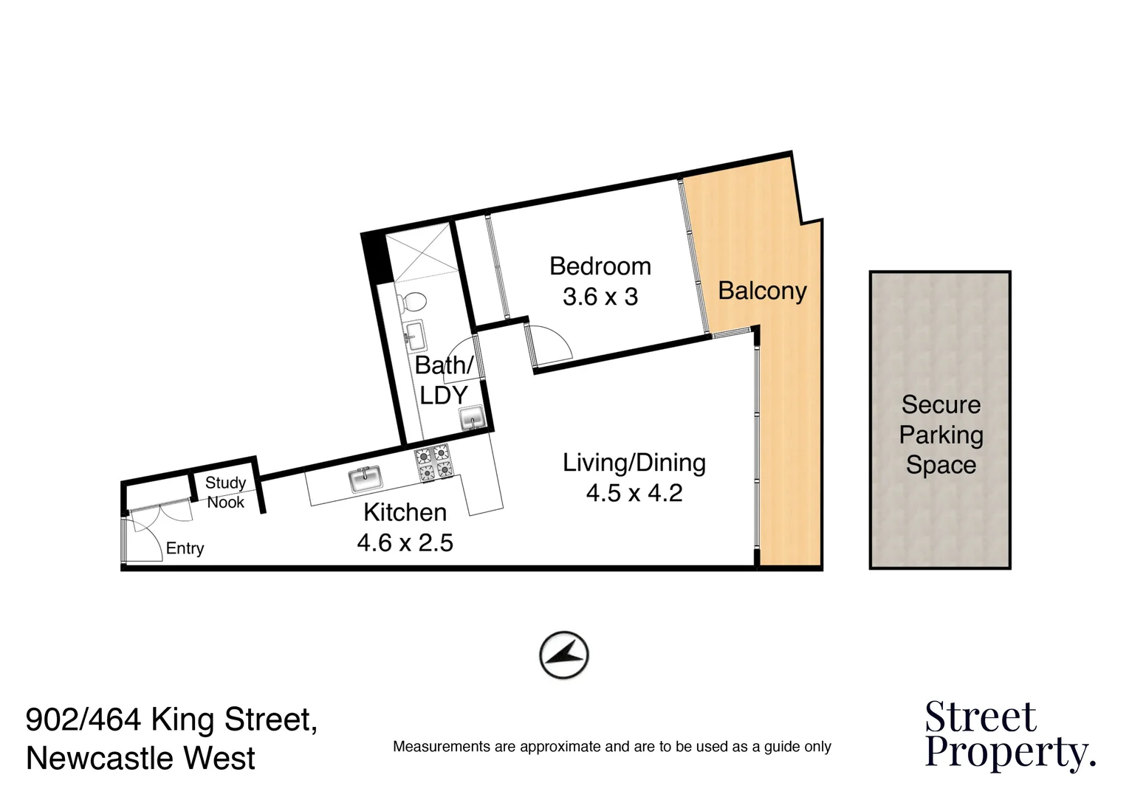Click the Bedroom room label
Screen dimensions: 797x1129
point(600,266)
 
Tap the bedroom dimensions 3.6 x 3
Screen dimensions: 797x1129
point(600,297)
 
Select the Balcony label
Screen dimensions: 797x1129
point(762,291)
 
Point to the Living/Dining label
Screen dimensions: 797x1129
point(634,463)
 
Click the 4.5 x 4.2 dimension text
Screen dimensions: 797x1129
point(634,493)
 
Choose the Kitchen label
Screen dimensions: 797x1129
point(405,512)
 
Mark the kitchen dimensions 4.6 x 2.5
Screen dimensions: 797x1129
point(405,543)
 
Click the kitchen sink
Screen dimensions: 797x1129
point(366,480)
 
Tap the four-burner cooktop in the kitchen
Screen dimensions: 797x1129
point(433,463)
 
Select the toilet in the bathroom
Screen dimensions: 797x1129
point(411,303)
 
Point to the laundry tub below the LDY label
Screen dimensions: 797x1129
point(472,418)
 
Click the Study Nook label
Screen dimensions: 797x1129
point(225,492)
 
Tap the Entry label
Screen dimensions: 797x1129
point(185,548)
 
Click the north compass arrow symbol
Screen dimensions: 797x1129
point(564,655)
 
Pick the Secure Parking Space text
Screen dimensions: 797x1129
point(941,435)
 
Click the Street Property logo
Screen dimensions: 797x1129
point(1009,735)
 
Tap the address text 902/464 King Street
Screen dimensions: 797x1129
point(171,719)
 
